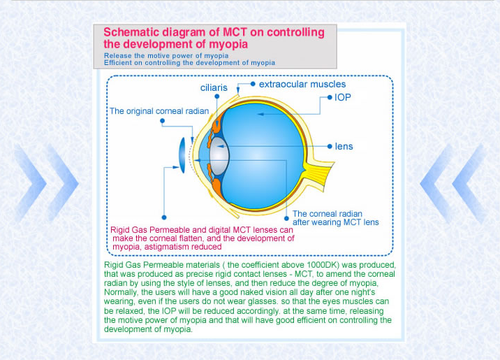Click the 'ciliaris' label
click(x=214, y=87)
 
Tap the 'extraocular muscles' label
click(x=302, y=85)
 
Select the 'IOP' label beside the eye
click(x=342, y=97)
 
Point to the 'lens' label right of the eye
click(x=344, y=147)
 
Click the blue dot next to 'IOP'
click(x=330, y=97)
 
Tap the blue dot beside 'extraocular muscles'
click(x=253, y=84)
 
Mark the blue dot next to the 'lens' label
click(x=330, y=147)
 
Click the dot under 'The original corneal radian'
click(x=162, y=121)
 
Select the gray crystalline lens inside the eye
click(x=219, y=156)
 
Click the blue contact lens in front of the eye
click(x=182, y=155)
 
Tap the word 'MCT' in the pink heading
click(x=235, y=32)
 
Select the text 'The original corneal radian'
click(x=159, y=111)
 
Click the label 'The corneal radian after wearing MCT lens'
click(x=335, y=218)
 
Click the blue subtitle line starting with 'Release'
click(x=166, y=55)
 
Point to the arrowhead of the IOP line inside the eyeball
click(x=260, y=114)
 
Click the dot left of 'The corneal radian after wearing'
click(x=287, y=219)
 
